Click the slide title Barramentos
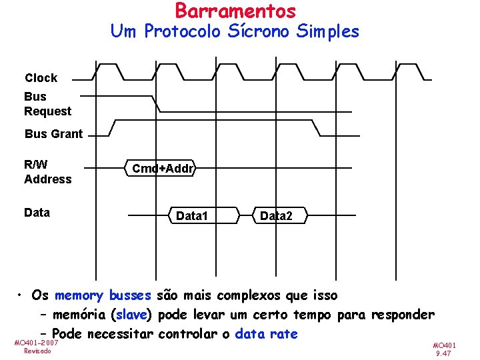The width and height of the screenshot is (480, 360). [235, 11]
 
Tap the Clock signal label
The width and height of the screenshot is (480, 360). [41, 78]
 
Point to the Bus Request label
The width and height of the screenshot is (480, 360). [47, 104]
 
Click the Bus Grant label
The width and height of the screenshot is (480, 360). [54, 134]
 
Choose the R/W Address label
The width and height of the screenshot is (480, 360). [47, 171]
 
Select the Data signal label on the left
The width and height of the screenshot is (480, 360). [37, 213]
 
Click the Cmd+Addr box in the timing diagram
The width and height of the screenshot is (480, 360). [163, 169]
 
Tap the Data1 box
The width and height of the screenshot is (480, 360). [191, 216]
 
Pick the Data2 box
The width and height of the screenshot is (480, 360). [275, 216]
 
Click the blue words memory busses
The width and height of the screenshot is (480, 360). [103, 295]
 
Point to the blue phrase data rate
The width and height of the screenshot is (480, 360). [267, 334]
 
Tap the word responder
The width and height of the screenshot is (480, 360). [403, 315]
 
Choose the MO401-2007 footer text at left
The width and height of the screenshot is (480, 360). [36, 342]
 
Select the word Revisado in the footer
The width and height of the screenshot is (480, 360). [38, 351]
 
